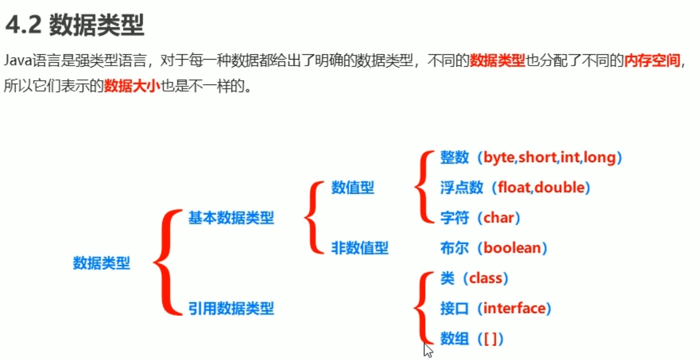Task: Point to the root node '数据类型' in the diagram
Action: [x=101, y=263]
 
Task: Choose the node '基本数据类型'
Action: [x=231, y=218]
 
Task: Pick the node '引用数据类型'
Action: [x=231, y=309]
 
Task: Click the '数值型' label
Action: [x=352, y=188]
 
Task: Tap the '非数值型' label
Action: [x=359, y=248]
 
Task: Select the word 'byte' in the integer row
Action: [x=499, y=158]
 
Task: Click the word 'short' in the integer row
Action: [x=537, y=158]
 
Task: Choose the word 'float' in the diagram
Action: [x=515, y=188]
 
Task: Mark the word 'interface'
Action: [x=514, y=309]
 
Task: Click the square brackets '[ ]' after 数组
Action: [x=491, y=339]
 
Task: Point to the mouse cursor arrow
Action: [x=427, y=350]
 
